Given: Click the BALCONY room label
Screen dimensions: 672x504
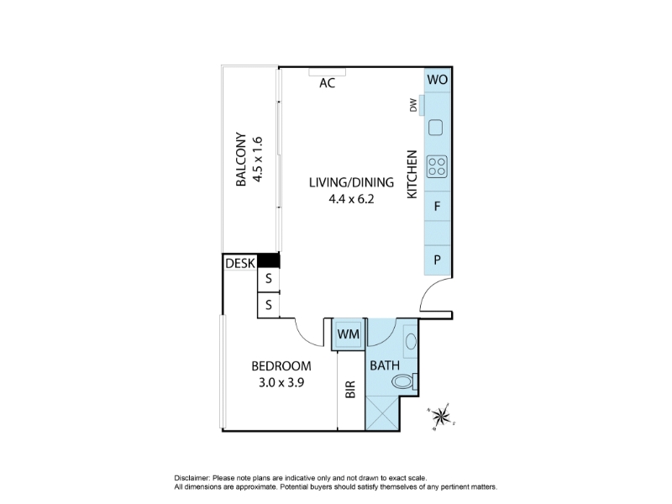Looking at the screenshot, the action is coord(241,159).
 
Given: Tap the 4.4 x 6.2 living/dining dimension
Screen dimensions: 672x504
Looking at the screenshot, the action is coord(351,199).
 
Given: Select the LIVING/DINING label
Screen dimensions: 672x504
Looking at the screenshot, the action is coord(351,182).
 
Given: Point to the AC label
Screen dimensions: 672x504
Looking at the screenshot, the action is coord(327,82).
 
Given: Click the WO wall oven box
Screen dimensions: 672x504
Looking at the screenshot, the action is coord(437,80).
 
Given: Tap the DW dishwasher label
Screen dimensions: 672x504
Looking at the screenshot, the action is coord(413,105).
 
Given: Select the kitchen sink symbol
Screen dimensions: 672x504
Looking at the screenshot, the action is coord(436,128).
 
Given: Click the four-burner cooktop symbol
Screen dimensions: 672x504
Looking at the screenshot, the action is coord(437,166).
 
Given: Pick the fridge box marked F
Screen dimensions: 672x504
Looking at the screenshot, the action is coord(437,206).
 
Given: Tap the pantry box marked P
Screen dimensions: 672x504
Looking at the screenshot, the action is coord(437,260).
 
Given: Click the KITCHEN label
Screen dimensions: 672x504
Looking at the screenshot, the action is coord(412,175).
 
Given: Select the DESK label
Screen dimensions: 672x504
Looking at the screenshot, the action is coord(240,263).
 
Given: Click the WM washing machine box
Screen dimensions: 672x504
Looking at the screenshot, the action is coord(349,333).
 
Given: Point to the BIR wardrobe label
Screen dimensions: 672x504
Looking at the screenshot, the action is coord(350,389).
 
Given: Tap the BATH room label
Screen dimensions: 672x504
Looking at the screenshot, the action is coord(385,365).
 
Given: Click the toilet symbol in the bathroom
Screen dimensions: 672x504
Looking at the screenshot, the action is coord(405,381).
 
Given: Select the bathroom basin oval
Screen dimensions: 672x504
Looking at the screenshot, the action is coord(411,342).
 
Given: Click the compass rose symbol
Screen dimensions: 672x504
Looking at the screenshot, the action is coord(440,416).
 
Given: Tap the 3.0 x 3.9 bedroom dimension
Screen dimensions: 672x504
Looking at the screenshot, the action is coord(281,382).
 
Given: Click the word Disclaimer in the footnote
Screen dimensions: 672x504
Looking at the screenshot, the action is coord(192,478).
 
